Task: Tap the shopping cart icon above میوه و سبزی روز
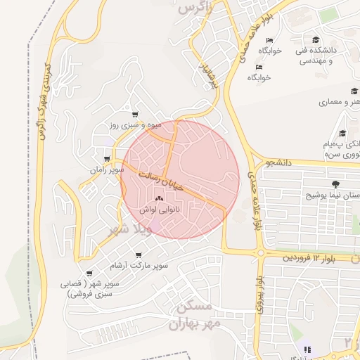(135, 115)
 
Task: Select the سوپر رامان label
(106, 169)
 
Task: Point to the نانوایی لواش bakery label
(160, 210)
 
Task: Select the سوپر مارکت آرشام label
(139, 265)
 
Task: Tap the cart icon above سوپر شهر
(89, 274)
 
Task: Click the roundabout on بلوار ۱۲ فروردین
(260, 253)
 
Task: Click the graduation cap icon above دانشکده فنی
(317, 40)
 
